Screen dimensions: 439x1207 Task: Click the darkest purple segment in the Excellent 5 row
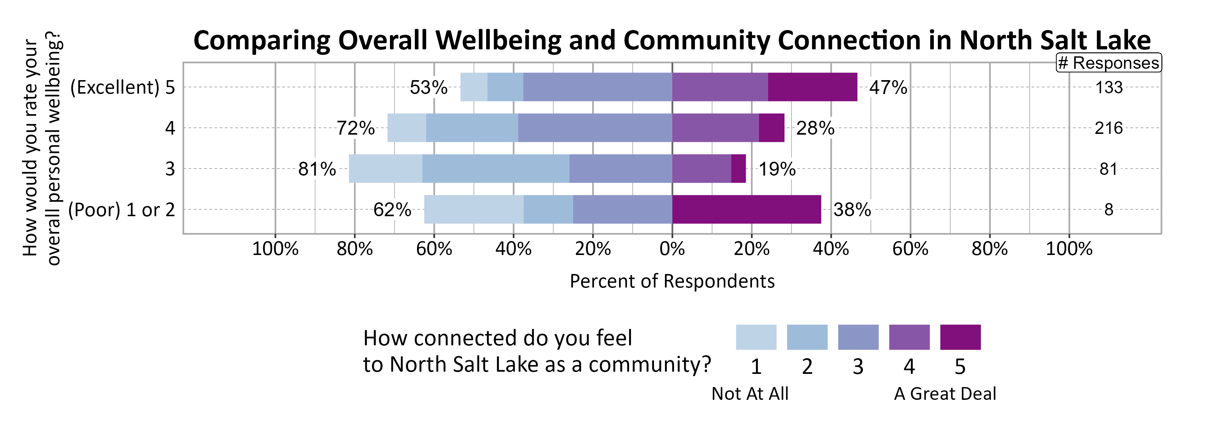(x=812, y=87)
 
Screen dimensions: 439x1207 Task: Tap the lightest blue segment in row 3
(x=385, y=169)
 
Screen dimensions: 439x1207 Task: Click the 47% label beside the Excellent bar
(x=888, y=87)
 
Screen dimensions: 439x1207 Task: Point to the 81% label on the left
(x=317, y=169)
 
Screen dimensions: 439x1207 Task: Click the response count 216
(x=1108, y=128)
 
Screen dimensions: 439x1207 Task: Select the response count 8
(x=1108, y=209)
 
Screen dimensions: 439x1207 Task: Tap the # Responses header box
(x=1108, y=63)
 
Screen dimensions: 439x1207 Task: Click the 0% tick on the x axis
(x=672, y=249)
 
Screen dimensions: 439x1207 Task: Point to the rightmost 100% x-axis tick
(x=1069, y=249)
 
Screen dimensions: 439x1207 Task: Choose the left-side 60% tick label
(x=434, y=249)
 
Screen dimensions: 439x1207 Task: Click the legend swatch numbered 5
(x=960, y=337)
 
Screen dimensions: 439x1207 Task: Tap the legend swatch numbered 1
(x=756, y=337)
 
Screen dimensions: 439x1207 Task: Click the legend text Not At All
(x=750, y=394)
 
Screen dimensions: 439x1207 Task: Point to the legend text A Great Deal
(x=945, y=394)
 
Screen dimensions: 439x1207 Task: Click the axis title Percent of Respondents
(x=672, y=281)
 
